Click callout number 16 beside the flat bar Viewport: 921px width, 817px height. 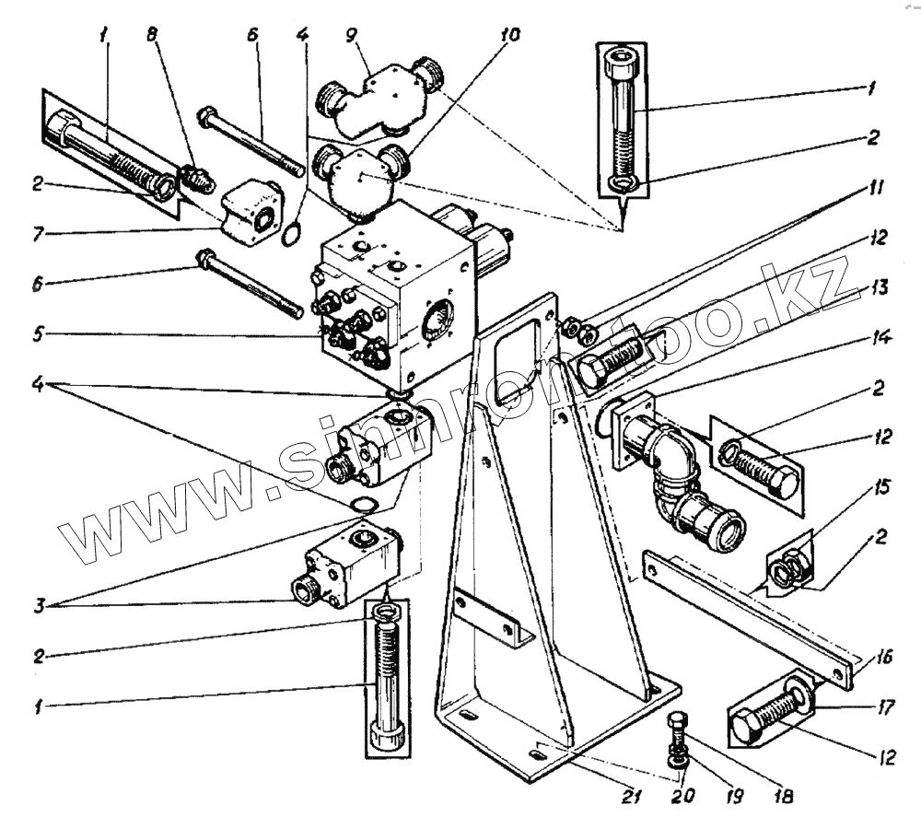[x=882, y=656]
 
